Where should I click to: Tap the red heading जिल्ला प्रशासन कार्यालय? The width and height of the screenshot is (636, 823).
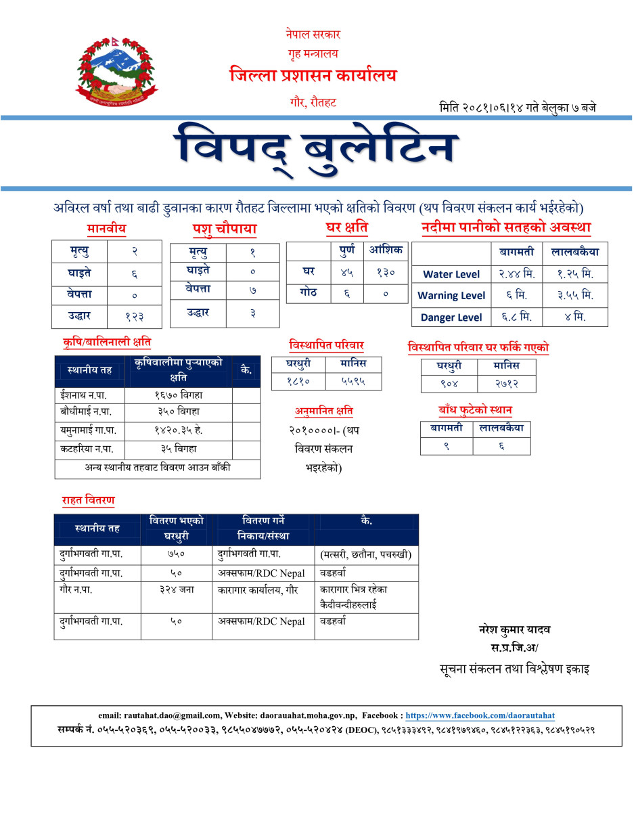coord(313,75)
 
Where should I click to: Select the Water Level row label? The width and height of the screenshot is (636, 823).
coord(451,274)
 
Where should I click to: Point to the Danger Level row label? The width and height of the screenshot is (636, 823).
coord(451,317)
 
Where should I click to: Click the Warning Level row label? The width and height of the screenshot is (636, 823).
coord(451,296)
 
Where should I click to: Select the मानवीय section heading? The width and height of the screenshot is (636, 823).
coord(106,229)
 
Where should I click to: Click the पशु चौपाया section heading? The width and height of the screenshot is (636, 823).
coord(224,230)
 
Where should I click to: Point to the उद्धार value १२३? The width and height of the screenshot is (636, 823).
coord(134,315)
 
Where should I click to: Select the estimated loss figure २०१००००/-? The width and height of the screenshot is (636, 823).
coord(317,430)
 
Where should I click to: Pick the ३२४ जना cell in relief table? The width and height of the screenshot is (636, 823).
coord(176,590)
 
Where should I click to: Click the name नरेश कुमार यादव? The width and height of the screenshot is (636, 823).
coord(514,629)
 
